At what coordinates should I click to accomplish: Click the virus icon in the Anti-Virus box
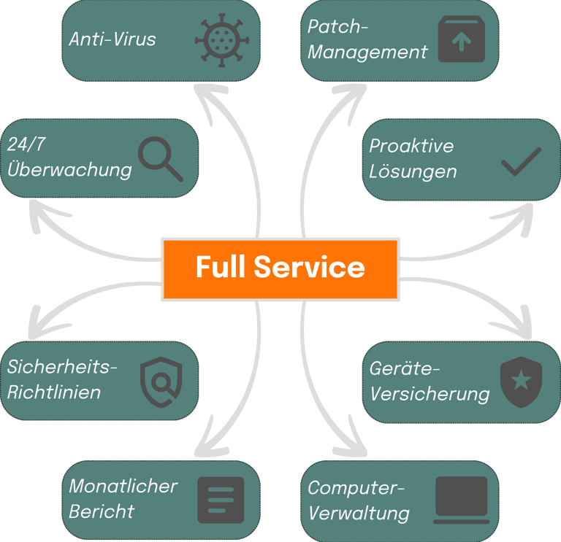point(222,40)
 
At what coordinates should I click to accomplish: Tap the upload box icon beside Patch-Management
point(462,39)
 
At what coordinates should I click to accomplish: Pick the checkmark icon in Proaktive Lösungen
point(522,161)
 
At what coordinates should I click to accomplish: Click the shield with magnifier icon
point(161,382)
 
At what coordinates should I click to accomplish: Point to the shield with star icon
point(522,382)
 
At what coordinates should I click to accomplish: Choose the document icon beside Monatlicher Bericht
point(221,500)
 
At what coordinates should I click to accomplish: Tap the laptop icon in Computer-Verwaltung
point(462,500)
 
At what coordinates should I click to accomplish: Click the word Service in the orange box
point(310,267)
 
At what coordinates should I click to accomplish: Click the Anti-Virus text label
point(112,39)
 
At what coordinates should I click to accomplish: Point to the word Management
point(367,53)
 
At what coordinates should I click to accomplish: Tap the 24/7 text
point(26,144)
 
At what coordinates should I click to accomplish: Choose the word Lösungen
point(413,171)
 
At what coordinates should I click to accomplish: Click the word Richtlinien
point(53,392)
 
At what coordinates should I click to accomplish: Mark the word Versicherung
point(430,395)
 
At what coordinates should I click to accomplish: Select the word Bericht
point(102,511)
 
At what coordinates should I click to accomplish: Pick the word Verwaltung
point(359,514)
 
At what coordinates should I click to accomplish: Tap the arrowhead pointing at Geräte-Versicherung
point(517,325)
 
